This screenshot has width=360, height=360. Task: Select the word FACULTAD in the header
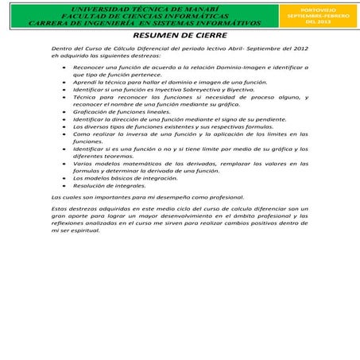(x=76, y=14)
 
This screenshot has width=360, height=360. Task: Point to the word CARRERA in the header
(x=52, y=23)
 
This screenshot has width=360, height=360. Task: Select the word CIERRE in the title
(x=210, y=37)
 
